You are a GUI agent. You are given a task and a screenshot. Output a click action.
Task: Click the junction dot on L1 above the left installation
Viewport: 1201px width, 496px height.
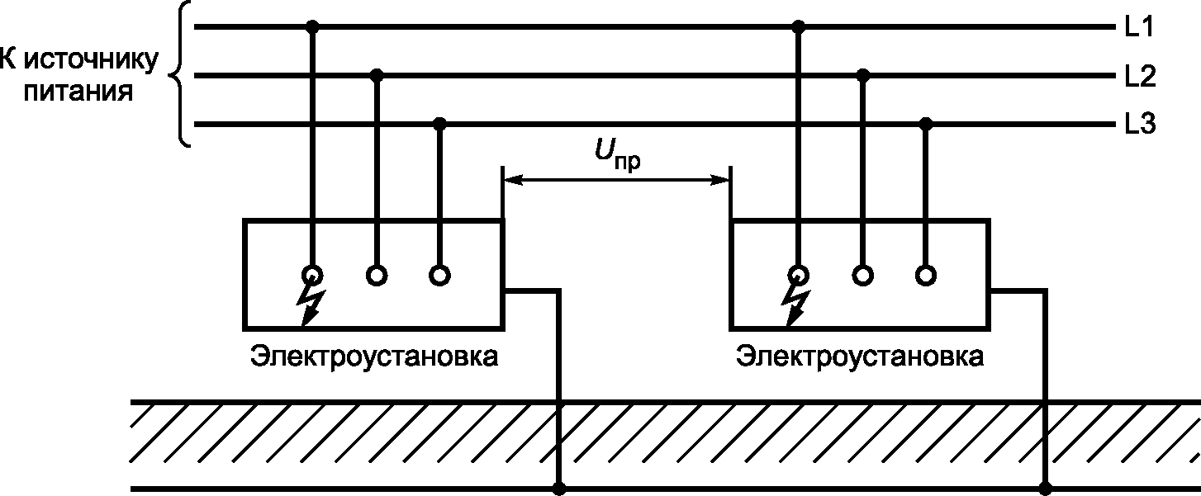point(312,28)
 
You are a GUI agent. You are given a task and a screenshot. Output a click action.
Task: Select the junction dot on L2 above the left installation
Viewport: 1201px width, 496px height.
point(377,76)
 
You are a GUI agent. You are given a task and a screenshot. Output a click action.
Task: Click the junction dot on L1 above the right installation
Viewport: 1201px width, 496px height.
point(798,28)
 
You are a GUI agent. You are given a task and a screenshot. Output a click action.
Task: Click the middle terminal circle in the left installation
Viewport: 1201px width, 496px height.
point(377,274)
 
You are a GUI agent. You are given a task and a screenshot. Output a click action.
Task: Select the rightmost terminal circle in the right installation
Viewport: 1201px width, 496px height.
point(926,274)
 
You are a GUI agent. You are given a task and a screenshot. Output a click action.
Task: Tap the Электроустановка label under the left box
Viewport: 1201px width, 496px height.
point(376,358)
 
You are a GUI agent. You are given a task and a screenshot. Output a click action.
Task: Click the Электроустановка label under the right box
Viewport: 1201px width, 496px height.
point(861,358)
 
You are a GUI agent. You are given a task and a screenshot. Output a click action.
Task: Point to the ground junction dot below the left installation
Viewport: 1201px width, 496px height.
point(561,489)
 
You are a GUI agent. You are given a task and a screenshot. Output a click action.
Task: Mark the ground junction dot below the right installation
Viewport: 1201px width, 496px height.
point(1045,489)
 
